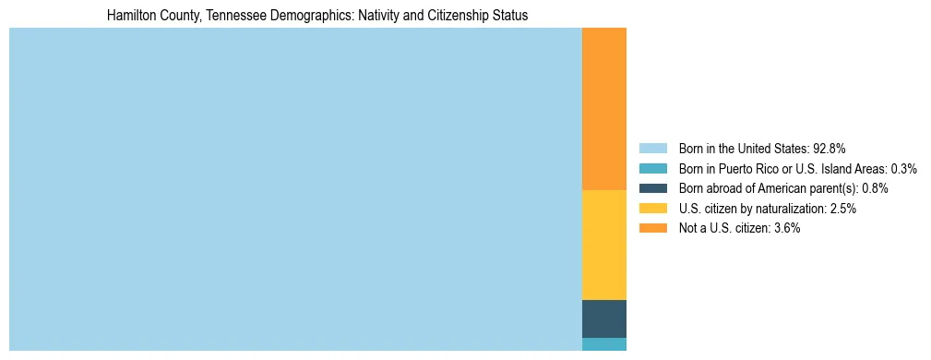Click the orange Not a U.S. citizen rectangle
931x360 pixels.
(603, 109)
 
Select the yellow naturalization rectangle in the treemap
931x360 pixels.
(603, 245)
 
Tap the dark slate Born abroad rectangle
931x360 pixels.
(603, 318)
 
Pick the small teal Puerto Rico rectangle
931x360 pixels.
(603, 344)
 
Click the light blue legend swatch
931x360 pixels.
(652, 149)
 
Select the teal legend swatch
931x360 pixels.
(652, 169)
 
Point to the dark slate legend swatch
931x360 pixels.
(652, 188)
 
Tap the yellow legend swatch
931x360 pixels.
(652, 209)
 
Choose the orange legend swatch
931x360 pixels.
(652, 228)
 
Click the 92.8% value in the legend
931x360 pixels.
(829, 149)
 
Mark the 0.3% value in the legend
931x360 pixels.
(903, 169)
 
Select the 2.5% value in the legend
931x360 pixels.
(842, 209)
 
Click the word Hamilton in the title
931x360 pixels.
(131, 16)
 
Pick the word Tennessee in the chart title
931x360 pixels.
(225, 16)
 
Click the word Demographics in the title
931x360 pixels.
(300, 16)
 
